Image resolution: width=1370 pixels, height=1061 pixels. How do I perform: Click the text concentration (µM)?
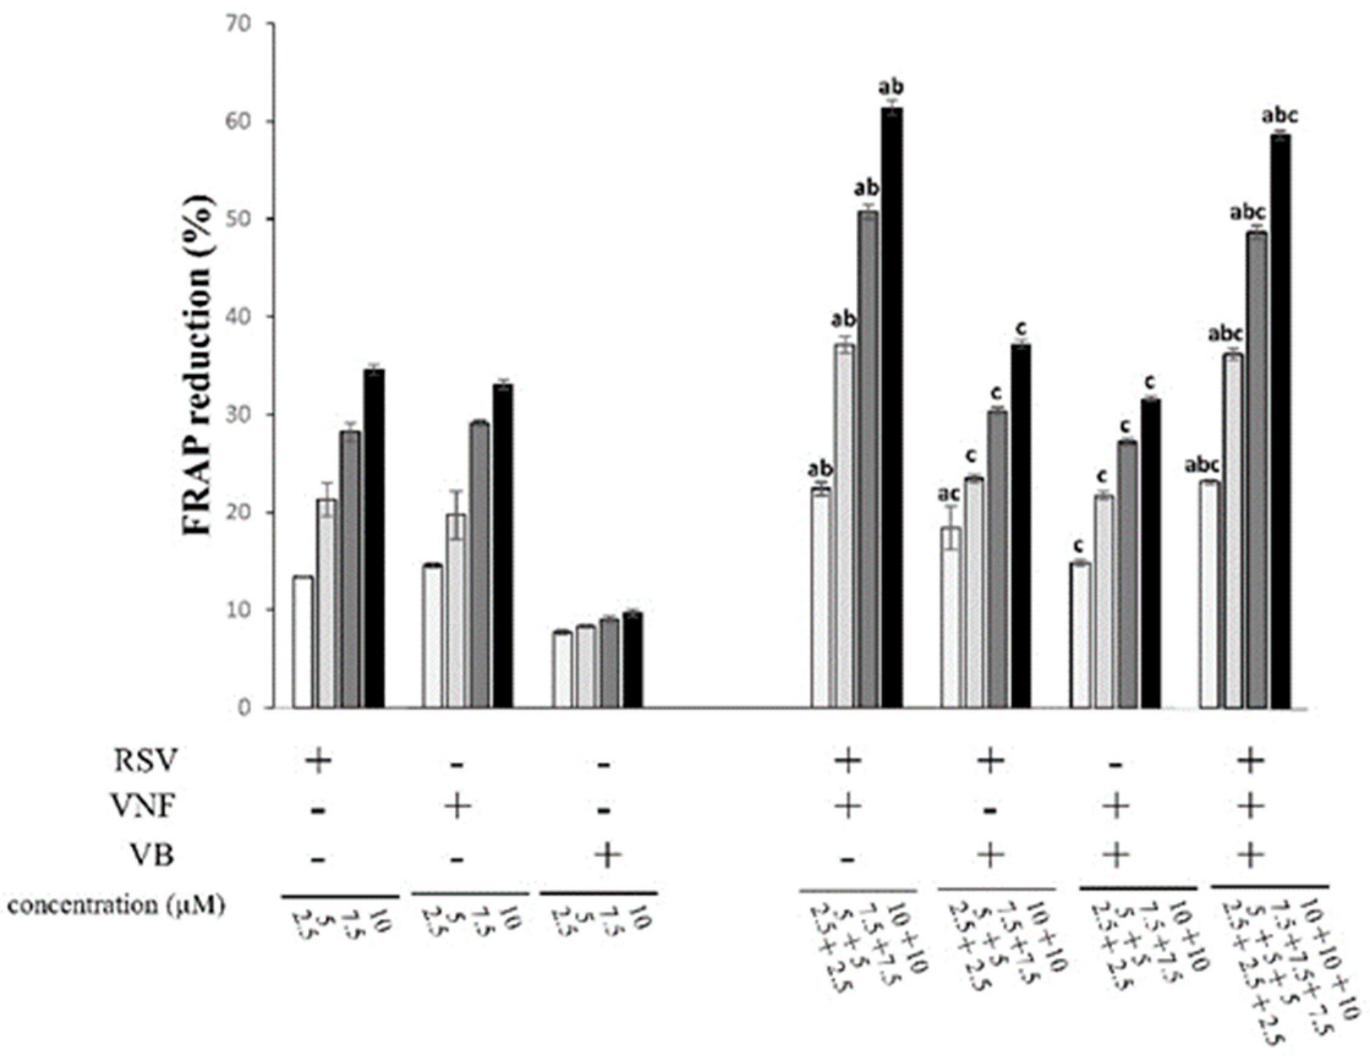pyautogui.click(x=117, y=906)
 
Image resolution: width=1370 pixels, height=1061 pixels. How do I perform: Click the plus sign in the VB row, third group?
pyautogui.click(x=605, y=856)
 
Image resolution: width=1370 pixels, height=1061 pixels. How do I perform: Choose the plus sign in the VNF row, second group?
pyautogui.click(x=457, y=808)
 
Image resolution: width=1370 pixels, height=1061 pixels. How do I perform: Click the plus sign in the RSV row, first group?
pyautogui.click(x=318, y=761)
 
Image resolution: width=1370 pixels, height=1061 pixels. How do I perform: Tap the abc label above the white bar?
pyautogui.click(x=1202, y=466)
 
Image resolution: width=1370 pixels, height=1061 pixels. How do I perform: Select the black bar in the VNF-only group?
pyautogui.click(x=503, y=545)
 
